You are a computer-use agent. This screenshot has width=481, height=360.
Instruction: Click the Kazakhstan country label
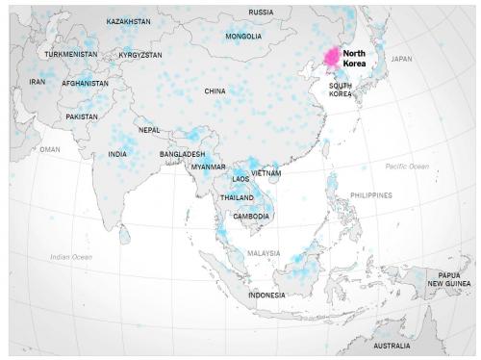128,20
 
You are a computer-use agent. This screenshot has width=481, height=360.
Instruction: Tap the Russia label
261,13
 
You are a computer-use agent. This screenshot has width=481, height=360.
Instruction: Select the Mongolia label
243,37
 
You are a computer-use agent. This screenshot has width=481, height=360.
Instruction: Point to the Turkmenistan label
71,55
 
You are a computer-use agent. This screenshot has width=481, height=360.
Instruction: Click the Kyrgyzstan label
140,55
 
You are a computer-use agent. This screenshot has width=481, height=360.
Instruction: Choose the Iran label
38,82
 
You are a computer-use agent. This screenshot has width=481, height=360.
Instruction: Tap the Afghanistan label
85,83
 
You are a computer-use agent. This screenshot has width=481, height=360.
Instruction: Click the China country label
215,91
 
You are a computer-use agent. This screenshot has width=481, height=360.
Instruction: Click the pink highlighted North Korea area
332,60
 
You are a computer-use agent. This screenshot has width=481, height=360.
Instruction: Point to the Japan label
401,59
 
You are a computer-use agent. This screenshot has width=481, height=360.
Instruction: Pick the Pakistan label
82,116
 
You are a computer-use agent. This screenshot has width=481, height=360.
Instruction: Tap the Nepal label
149,130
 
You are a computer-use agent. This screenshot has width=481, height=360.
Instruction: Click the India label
117,154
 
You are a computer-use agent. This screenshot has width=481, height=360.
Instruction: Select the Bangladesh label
182,154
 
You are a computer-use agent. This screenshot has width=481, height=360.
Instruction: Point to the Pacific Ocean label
407,167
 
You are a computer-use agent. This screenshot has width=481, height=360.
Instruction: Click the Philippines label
371,195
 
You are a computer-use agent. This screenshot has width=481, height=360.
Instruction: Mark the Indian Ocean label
71,257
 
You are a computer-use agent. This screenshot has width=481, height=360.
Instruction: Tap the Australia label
392,345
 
